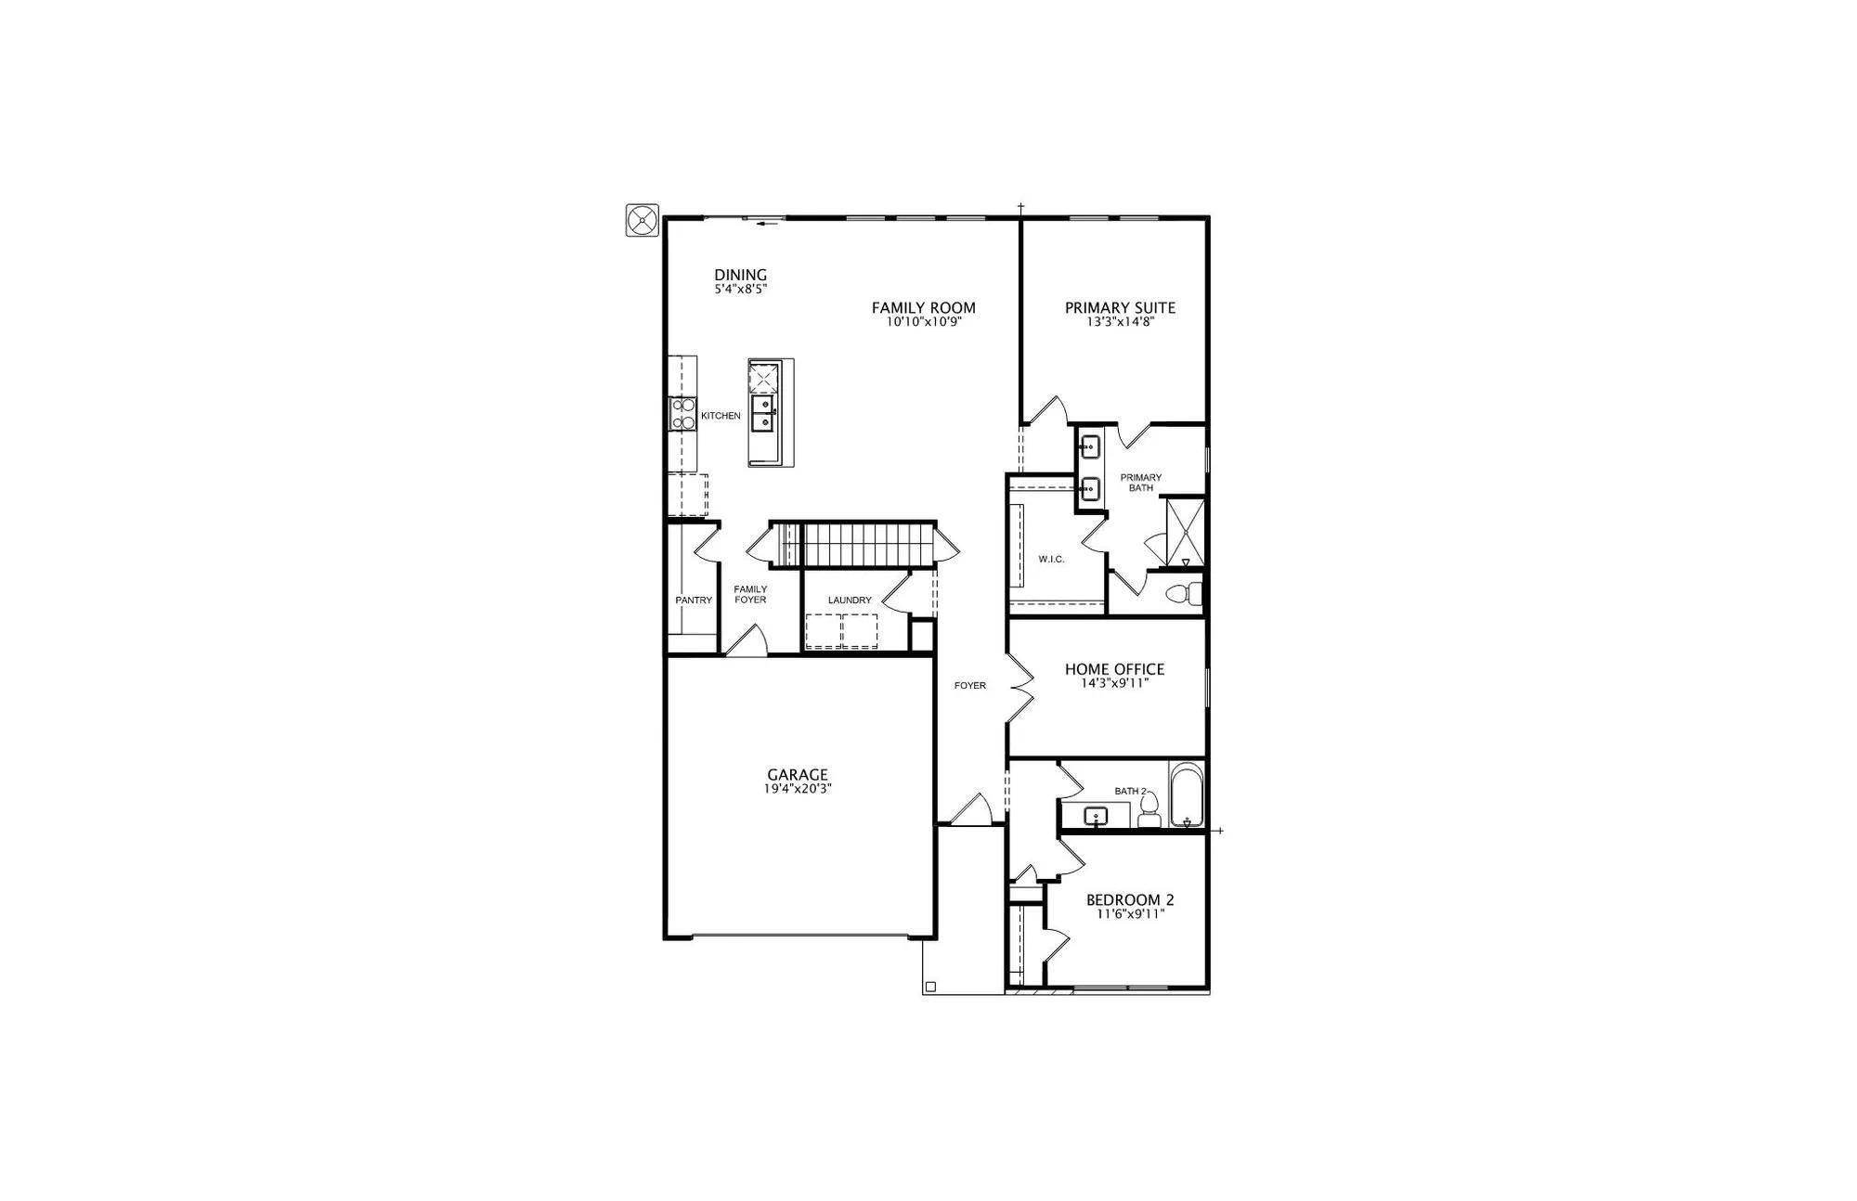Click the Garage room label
(798, 775)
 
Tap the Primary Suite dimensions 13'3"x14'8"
(1120, 323)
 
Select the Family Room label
(923, 308)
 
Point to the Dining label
(741, 275)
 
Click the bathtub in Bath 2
(1186, 794)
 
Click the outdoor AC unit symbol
(643, 221)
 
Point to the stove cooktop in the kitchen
(682, 414)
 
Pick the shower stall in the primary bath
(1185, 533)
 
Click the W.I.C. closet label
(1051, 560)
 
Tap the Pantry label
(694, 600)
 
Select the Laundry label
(850, 600)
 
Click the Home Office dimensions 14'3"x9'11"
(1114, 684)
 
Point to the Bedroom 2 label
(1130, 899)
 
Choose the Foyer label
(970, 686)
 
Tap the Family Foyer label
(750, 594)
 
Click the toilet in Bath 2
(1149, 809)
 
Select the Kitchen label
(721, 416)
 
